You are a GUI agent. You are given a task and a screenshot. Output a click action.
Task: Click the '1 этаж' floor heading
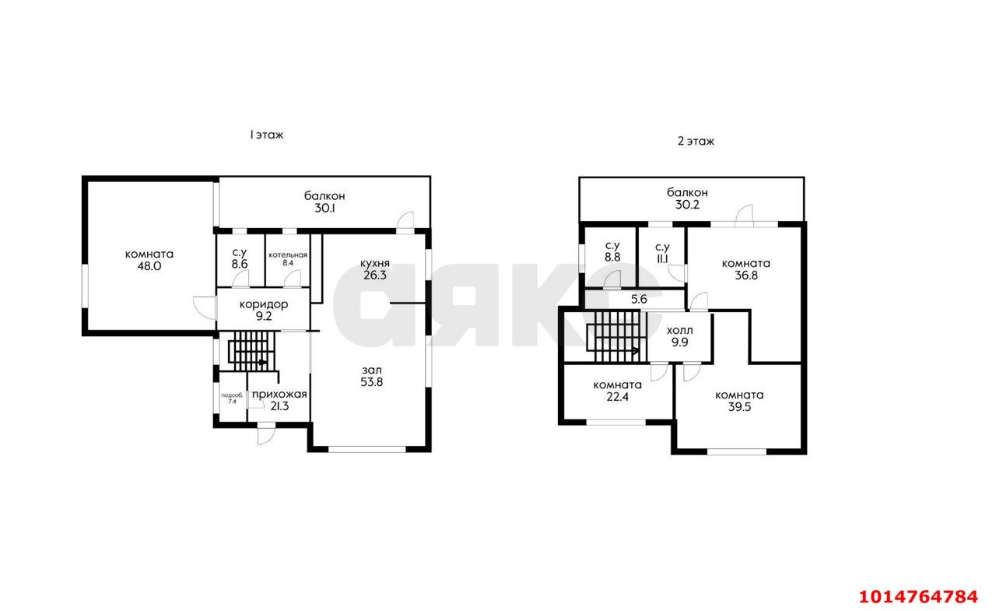click(266, 135)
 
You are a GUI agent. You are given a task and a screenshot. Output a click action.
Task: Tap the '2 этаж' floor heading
click(696, 142)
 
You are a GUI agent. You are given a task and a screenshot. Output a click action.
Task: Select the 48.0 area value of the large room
click(149, 266)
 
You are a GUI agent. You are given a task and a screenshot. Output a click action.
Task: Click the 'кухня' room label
click(375, 264)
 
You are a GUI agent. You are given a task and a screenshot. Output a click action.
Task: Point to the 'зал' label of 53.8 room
click(372, 370)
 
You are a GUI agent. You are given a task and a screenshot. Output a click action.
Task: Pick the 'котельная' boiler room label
click(288, 255)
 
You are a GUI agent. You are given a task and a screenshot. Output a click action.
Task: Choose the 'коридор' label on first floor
click(264, 304)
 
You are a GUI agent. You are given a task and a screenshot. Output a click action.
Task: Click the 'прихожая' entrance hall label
click(279, 395)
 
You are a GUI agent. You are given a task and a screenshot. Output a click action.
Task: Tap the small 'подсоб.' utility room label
click(232, 395)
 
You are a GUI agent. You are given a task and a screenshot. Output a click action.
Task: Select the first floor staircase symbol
click(251, 351)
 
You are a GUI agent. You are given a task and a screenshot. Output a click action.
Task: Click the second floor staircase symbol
click(615, 336)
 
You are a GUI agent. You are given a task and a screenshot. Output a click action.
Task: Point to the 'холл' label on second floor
click(680, 331)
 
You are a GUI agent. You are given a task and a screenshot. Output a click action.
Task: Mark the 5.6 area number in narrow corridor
click(640, 300)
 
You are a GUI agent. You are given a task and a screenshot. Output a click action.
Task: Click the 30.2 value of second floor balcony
click(687, 205)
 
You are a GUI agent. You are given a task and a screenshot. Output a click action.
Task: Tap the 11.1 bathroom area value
click(662, 259)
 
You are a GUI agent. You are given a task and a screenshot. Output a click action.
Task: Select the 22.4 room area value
click(618, 397)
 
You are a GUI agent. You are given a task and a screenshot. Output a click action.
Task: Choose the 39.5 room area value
click(739, 407)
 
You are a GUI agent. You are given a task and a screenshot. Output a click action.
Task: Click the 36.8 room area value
click(746, 276)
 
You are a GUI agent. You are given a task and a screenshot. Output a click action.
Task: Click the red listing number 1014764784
click(919, 597)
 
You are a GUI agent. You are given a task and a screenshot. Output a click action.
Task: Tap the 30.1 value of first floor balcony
click(324, 208)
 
